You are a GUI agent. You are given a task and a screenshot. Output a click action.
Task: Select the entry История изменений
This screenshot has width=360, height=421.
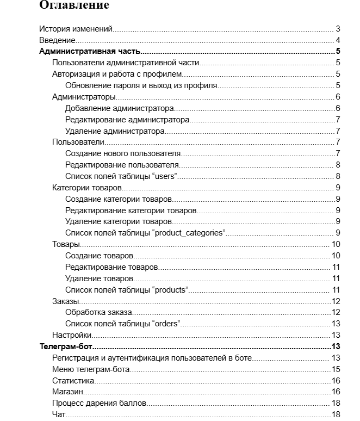click(76, 29)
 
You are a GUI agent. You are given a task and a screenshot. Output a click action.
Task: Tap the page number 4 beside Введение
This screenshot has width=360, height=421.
click(338, 40)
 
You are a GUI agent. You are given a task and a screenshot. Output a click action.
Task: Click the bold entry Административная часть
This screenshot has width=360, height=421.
click(90, 52)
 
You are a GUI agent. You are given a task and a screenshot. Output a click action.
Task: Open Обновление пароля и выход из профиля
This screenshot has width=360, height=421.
click(141, 85)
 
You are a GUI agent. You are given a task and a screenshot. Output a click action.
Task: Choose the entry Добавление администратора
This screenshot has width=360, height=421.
click(119, 108)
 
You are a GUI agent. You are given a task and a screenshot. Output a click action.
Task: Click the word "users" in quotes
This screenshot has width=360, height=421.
click(166, 176)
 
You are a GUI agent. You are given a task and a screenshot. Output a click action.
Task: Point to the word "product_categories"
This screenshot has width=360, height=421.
click(190, 233)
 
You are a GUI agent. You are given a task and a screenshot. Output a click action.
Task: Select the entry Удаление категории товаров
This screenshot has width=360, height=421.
click(119, 222)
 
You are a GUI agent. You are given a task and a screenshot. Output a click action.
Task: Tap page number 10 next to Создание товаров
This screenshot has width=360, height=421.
click(336, 256)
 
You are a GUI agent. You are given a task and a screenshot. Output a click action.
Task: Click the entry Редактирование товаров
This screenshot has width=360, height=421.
click(111, 267)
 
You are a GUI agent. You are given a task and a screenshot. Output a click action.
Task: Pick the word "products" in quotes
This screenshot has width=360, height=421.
click(171, 290)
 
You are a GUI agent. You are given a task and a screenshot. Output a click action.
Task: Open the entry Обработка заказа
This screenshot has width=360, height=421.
click(99, 313)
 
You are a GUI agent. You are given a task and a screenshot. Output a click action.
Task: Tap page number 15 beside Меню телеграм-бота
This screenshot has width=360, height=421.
click(336, 369)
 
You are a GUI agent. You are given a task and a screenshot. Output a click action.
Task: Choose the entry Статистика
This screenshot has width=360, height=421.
click(73, 381)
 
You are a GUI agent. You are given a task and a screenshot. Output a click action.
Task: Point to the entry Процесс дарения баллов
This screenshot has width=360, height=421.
click(100, 404)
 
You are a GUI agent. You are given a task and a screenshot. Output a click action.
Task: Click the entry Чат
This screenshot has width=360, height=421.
click(59, 415)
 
